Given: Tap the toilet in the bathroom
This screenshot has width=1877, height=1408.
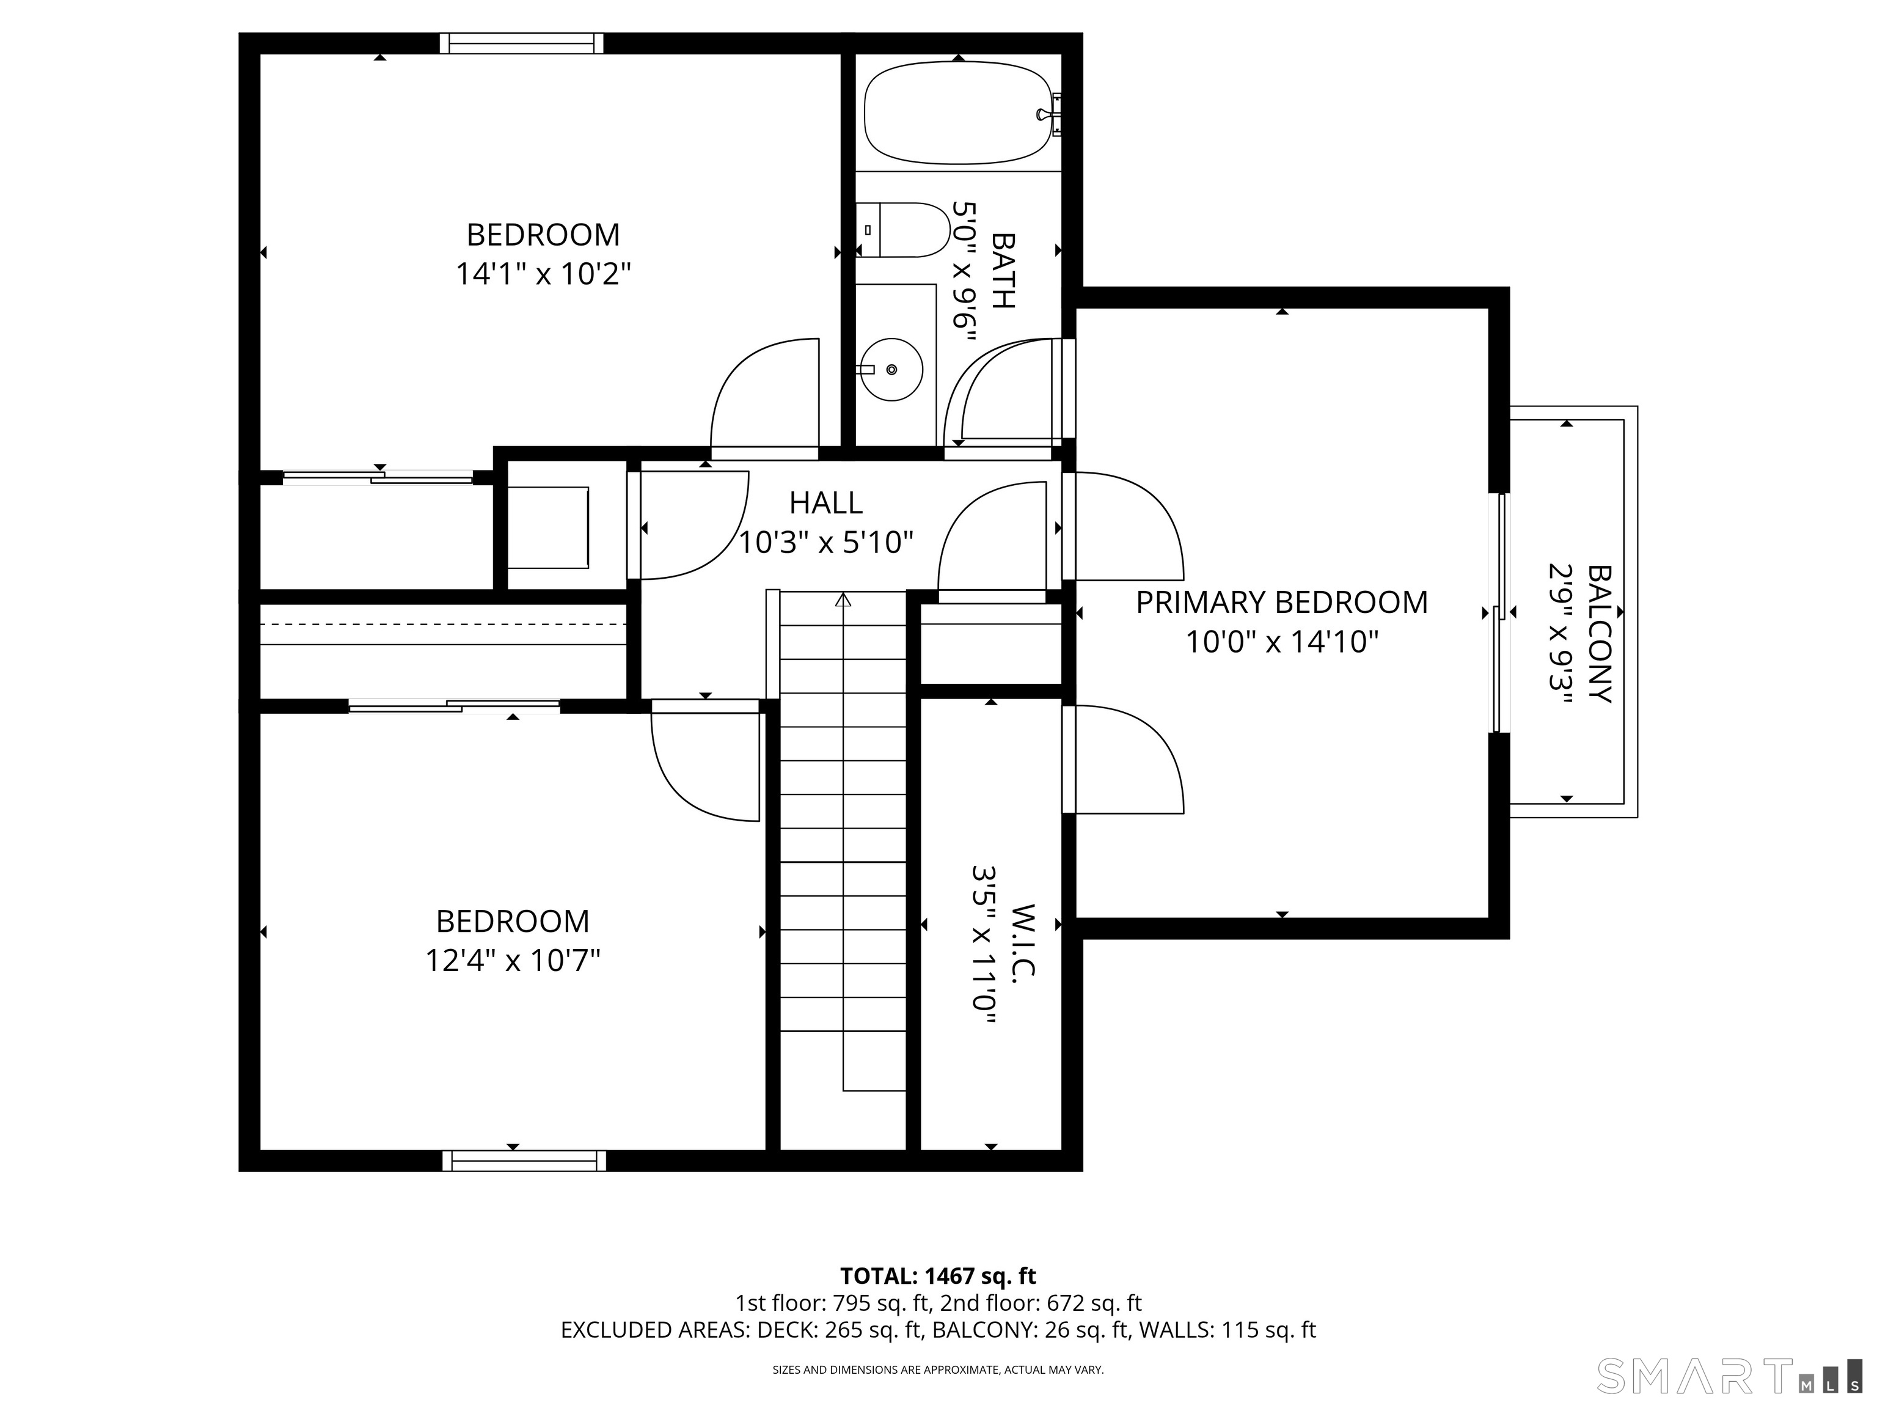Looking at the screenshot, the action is [x=901, y=230].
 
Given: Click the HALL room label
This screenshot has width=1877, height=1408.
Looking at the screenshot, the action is [x=825, y=504].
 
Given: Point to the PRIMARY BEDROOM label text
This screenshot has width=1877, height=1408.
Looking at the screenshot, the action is [x=1281, y=603].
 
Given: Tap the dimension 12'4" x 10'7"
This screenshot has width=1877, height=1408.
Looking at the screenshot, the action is [x=513, y=961].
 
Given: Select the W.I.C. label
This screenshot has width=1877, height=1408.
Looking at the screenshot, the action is [x=1025, y=941].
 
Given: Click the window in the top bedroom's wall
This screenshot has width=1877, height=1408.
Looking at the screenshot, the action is [x=521, y=43].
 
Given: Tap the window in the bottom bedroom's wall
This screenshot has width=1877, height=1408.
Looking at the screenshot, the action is [x=524, y=1160].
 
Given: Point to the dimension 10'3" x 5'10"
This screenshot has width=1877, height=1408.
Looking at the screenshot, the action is [x=825, y=542].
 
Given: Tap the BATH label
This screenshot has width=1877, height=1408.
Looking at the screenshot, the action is [x=1003, y=271].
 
